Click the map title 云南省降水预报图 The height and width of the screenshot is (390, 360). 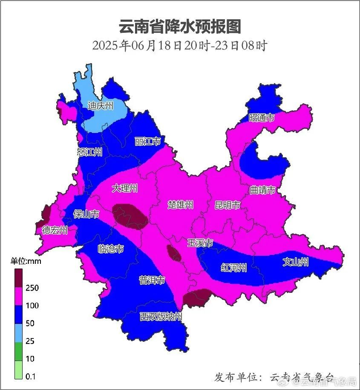(x=180, y=26)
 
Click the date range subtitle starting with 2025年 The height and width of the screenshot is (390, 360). (x=180, y=45)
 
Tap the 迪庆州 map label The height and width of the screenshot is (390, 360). (x=101, y=106)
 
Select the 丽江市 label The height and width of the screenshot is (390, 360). (x=147, y=141)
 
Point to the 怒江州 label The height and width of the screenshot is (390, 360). (x=90, y=152)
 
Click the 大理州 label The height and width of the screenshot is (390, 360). (x=125, y=188)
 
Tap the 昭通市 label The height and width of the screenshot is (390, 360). (x=261, y=118)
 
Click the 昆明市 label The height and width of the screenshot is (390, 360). (x=227, y=205)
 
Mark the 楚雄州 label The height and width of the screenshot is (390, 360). (x=180, y=205)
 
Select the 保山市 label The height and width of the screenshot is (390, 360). (x=86, y=214)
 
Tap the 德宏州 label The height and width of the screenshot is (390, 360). (x=55, y=231)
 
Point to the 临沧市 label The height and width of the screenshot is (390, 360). (x=111, y=249)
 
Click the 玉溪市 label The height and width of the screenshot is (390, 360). (x=200, y=243)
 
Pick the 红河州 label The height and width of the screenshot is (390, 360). (x=234, y=268)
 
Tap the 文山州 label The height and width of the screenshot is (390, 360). (x=295, y=262)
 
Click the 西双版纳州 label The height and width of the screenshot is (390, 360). (x=161, y=317)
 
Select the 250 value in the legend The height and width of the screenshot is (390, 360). (x=32, y=288)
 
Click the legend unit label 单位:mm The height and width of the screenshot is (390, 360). (x=26, y=261)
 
